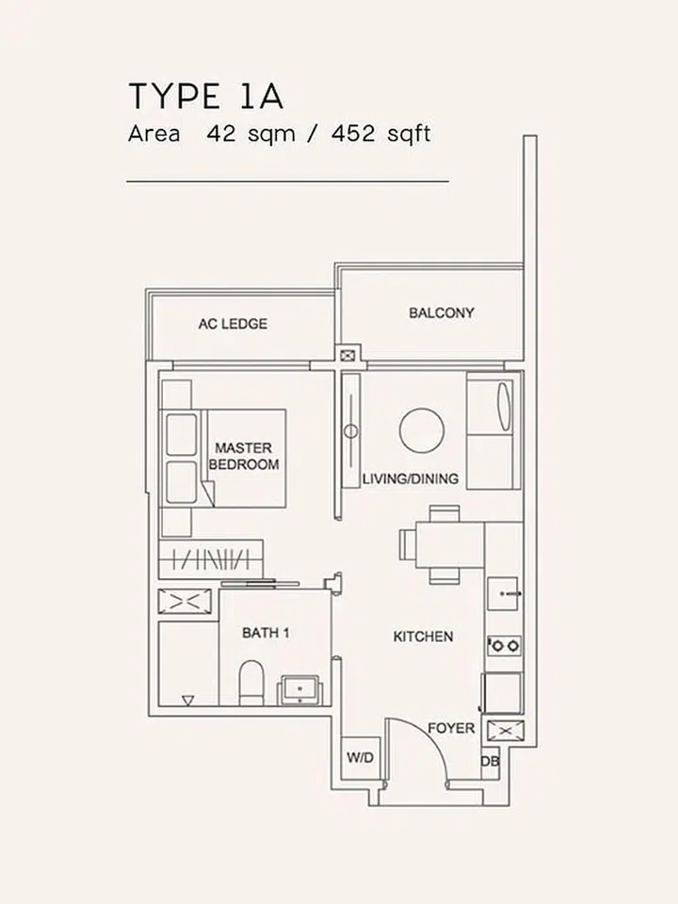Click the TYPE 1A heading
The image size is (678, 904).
[205, 96]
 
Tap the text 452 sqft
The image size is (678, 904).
[380, 134]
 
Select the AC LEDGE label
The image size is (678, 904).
[233, 324]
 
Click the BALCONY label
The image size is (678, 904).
[442, 313]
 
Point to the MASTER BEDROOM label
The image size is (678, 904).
[244, 457]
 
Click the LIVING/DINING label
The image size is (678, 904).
[412, 479]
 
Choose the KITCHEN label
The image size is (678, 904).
[423, 638]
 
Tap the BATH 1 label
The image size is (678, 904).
[266, 633]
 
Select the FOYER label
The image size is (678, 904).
[451, 729]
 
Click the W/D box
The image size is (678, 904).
[360, 756]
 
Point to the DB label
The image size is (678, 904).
[490, 761]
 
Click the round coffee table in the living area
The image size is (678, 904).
[421, 430]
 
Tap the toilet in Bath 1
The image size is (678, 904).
[251, 682]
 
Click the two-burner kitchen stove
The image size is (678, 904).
[504, 646]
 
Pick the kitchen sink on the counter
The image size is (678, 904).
[504, 592]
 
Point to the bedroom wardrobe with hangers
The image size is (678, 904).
[210, 560]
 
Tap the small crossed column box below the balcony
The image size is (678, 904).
[349, 355]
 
